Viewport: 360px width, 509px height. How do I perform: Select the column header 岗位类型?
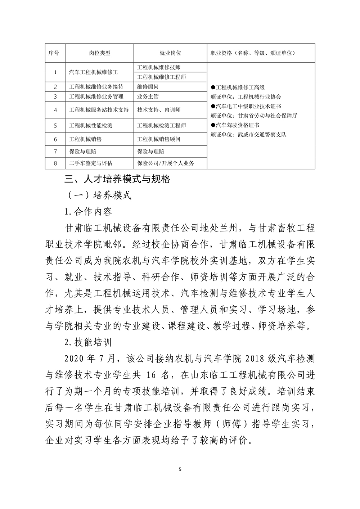point(100,53)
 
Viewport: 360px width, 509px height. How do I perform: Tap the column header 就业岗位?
point(170,53)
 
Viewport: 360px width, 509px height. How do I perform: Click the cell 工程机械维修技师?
point(159,67)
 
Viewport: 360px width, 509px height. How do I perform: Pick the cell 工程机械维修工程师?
point(162,77)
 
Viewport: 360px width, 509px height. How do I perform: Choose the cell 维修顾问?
point(148,87)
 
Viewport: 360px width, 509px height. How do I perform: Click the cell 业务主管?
point(148,96)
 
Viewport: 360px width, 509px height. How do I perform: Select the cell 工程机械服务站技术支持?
point(99,110)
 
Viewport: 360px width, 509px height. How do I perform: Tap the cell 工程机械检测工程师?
point(162,126)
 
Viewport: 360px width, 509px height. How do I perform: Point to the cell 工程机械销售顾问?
point(159,139)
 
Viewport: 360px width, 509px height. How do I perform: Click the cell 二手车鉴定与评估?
point(91,163)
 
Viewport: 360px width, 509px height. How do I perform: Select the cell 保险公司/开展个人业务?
point(166,163)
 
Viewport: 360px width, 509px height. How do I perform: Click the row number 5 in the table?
point(55,126)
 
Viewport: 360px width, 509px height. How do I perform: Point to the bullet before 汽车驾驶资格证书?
point(213,125)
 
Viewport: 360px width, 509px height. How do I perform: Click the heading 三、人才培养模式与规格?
point(117,179)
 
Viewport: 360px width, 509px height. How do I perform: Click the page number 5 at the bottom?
point(180,469)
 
